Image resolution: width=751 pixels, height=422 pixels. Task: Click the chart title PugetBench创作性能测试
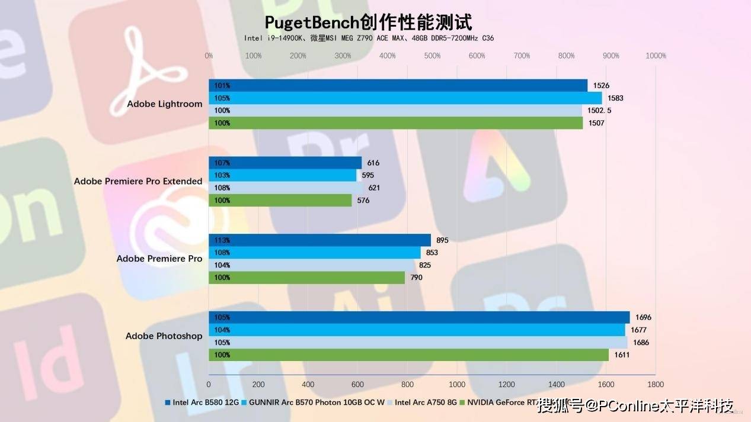[x=368, y=22]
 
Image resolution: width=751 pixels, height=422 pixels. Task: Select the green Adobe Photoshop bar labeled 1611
[x=408, y=355]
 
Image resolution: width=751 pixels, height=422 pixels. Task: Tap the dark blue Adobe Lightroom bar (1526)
[x=398, y=85]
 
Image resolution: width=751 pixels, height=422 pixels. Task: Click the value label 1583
[x=615, y=98]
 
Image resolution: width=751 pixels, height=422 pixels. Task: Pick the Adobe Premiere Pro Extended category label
[x=138, y=181]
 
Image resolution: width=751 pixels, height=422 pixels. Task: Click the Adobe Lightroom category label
[x=165, y=104]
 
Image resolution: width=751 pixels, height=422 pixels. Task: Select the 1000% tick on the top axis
[x=656, y=56]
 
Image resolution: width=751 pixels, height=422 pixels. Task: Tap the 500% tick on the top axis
[x=432, y=56]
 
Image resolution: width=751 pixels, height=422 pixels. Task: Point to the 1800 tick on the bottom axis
[x=655, y=384]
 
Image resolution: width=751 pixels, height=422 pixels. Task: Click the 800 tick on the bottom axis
[x=407, y=384]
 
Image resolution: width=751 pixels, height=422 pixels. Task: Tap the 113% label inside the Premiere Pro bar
[x=223, y=240]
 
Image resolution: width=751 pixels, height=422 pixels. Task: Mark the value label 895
[x=442, y=240]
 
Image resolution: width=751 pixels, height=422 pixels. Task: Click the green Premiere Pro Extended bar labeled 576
[x=280, y=201]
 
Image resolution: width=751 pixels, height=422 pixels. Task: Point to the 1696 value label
[x=643, y=317]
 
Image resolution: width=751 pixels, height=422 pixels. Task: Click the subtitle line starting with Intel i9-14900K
[x=369, y=38]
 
